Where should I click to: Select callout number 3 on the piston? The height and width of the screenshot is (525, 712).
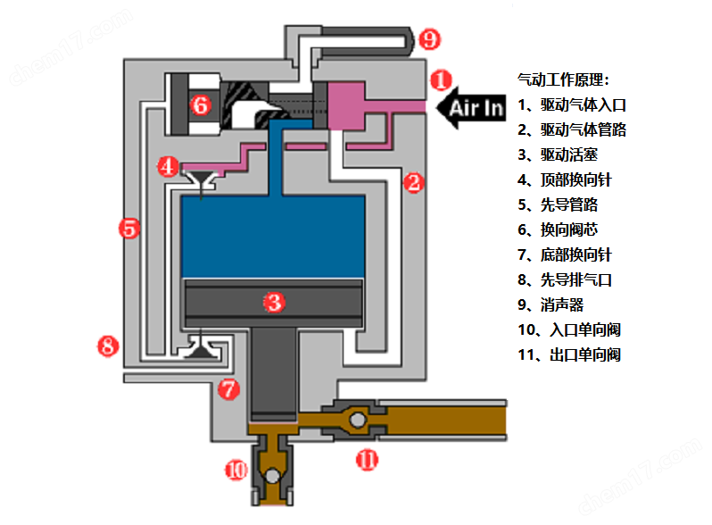[x=274, y=302]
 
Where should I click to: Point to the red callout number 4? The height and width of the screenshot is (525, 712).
[x=168, y=166]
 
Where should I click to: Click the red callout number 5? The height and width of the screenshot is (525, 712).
[x=129, y=229]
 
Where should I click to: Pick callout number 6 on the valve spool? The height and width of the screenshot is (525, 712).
[x=200, y=105]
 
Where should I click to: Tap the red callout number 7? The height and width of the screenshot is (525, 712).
[x=229, y=389]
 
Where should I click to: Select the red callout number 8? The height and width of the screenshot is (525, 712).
[x=108, y=346]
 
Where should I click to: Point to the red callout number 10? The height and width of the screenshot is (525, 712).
[x=235, y=470]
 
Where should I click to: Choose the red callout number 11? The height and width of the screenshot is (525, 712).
[x=367, y=460]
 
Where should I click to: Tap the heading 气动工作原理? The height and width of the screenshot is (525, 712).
[x=563, y=79]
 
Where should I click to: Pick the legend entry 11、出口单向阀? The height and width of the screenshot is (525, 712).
[x=568, y=354]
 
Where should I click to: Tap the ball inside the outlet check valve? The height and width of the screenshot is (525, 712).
[x=357, y=419]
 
